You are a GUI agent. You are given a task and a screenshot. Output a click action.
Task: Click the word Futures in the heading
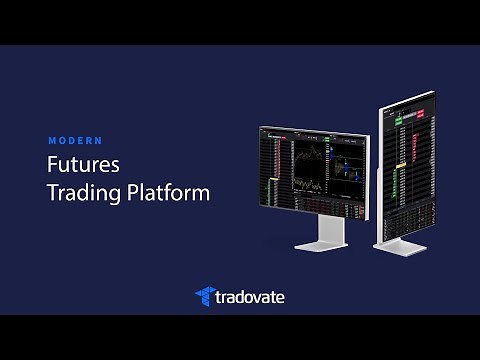tap(84, 164)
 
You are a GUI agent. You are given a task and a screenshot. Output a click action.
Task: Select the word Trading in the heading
tap(79, 192)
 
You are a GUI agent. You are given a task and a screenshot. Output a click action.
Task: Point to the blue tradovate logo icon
tap(206, 296)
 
